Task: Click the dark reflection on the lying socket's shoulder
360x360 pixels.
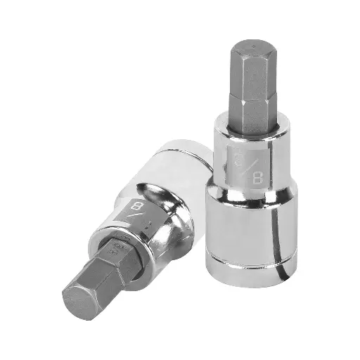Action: pyautogui.click(x=158, y=211)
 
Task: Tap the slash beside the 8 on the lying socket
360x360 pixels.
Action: pyautogui.click(x=137, y=221)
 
